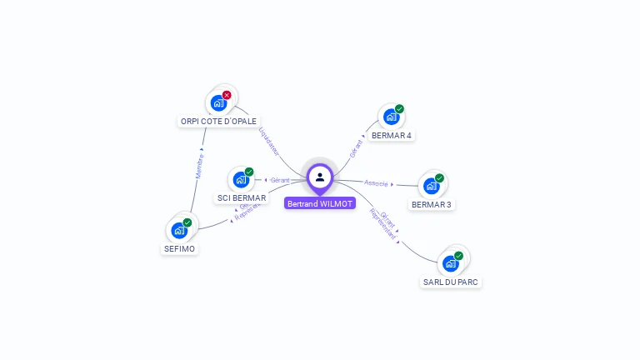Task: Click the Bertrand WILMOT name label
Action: pos(320,203)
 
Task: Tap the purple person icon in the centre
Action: pos(320,177)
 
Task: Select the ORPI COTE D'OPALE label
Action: pos(218,121)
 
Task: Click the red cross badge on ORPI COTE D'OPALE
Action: pos(227,95)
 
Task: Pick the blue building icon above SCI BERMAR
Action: pos(241,179)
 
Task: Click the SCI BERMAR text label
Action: pos(241,198)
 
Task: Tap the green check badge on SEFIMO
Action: pos(187,222)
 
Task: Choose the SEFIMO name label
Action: pos(179,248)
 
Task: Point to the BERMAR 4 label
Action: pos(392,135)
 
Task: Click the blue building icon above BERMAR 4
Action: pos(391,117)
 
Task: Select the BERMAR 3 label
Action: pos(432,204)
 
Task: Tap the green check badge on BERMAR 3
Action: pos(439,177)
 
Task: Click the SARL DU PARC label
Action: pos(451,282)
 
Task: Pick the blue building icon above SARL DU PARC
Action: pos(451,263)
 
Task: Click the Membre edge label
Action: pos(199,165)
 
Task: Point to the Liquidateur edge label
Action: pos(268,140)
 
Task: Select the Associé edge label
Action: pos(376,182)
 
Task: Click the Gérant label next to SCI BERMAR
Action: pos(280,180)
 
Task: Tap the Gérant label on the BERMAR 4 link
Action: pos(357,148)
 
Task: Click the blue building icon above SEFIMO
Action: pos(178,231)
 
